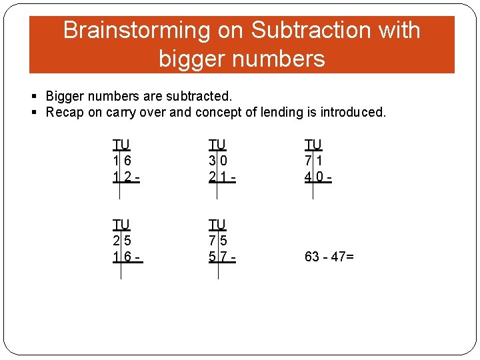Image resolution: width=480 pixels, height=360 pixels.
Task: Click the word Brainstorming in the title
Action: pyautogui.click(x=137, y=31)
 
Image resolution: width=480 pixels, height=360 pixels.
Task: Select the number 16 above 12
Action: pyautogui.click(x=121, y=161)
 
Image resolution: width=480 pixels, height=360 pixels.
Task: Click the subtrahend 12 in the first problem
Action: pyautogui.click(x=121, y=177)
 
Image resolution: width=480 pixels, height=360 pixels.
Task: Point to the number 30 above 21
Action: pyautogui.click(x=217, y=161)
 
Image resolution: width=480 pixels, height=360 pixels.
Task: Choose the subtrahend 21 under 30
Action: pyautogui.click(x=217, y=177)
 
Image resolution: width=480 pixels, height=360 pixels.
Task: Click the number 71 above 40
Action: pyautogui.click(x=313, y=161)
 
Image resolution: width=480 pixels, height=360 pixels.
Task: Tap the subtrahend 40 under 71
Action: pyautogui.click(x=313, y=177)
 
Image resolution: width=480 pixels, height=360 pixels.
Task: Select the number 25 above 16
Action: pyautogui.click(x=121, y=241)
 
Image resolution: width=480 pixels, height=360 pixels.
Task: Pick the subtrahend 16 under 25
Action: pyautogui.click(x=121, y=257)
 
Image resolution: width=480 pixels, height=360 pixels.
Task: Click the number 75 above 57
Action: pyautogui.click(x=217, y=241)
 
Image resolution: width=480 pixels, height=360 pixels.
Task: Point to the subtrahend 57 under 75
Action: pyautogui.click(x=217, y=257)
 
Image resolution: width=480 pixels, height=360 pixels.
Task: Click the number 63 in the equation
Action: pyautogui.click(x=312, y=257)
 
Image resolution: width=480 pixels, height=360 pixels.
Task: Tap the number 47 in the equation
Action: pyautogui.click(x=339, y=257)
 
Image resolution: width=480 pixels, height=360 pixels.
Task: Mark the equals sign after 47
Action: pyautogui.click(x=350, y=257)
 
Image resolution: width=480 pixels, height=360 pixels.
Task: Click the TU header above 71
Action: pyautogui.click(x=313, y=145)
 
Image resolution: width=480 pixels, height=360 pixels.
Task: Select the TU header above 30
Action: pyautogui.click(x=217, y=145)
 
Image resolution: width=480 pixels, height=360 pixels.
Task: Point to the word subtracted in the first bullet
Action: pyautogui.click(x=200, y=97)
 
